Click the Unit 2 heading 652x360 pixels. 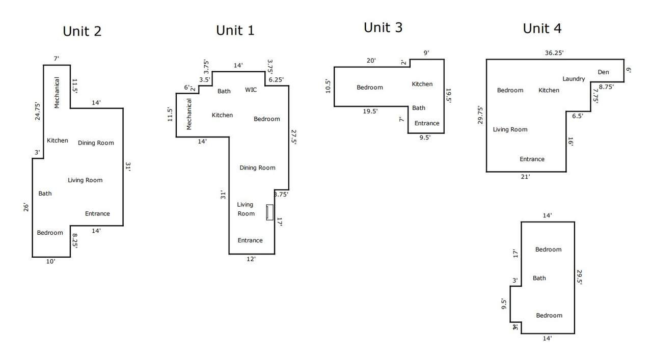[x=82, y=31]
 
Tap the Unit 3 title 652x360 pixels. [x=383, y=27]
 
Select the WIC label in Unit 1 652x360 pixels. [x=251, y=90]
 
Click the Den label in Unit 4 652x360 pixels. [x=603, y=72]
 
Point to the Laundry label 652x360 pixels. [x=574, y=79]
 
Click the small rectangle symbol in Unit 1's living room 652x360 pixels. [x=269, y=212]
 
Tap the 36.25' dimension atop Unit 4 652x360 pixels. [x=554, y=52]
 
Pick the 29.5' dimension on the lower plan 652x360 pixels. [x=580, y=278]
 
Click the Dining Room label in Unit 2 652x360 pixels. [x=96, y=143]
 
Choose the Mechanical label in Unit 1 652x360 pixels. [x=189, y=114]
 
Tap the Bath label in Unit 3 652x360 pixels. [x=419, y=108]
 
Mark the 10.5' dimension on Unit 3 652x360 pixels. [x=328, y=86]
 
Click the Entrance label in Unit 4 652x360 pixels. [x=532, y=159]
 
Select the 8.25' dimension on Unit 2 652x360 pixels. [x=75, y=241]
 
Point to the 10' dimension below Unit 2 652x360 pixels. [x=50, y=262]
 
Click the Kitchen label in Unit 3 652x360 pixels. [x=422, y=84]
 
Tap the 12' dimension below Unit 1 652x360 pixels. [x=251, y=259]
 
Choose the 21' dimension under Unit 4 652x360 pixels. [x=525, y=177]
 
